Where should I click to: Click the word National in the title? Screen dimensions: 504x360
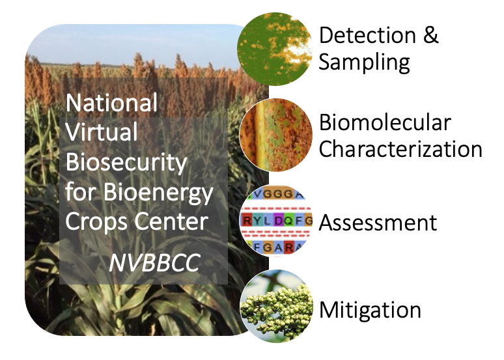point(111,103)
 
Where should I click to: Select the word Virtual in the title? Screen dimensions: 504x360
point(102,132)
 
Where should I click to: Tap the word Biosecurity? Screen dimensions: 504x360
point(126,163)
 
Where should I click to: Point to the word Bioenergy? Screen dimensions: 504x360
point(158,193)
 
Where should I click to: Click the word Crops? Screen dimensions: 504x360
point(97,223)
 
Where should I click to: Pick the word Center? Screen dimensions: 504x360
point(171,221)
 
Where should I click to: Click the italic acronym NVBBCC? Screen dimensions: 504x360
point(154,263)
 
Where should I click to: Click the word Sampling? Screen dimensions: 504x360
point(364,62)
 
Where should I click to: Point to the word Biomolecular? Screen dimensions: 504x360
point(385,122)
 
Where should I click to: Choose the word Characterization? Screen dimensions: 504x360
point(400,149)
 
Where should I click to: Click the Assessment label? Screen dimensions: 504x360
point(378,223)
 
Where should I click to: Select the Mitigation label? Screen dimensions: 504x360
point(370,311)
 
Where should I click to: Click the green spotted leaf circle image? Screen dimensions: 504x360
point(275,49)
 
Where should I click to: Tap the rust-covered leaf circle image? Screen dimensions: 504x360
point(276,135)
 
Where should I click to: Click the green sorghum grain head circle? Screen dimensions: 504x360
point(277,307)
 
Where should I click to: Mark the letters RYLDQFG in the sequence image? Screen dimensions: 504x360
point(277,221)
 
